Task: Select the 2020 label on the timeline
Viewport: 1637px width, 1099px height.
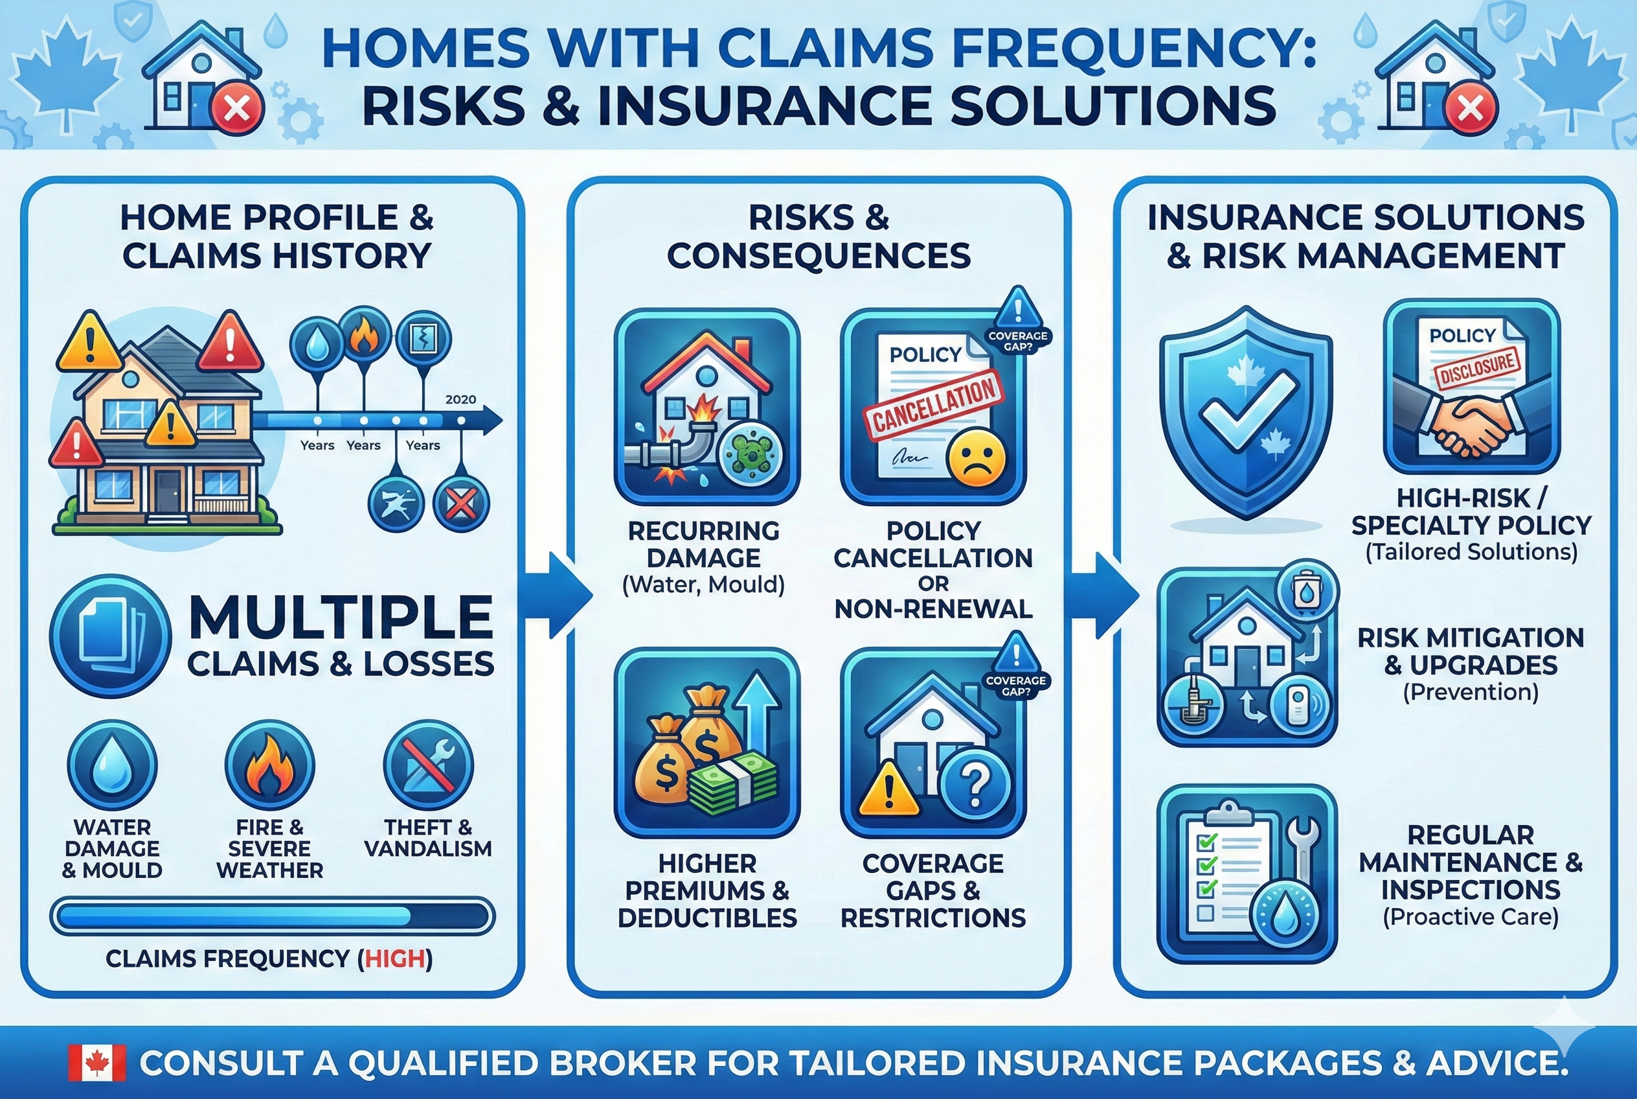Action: pyautogui.click(x=460, y=400)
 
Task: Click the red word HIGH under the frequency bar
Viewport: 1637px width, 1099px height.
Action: pyautogui.click(x=395, y=958)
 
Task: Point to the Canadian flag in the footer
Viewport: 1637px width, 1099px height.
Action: pyautogui.click(x=97, y=1063)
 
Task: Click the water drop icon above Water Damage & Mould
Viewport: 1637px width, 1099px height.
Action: pyautogui.click(x=112, y=765)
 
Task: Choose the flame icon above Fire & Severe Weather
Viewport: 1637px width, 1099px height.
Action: pyautogui.click(x=269, y=765)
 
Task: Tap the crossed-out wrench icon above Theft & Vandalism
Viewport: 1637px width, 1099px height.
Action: pyautogui.click(x=428, y=765)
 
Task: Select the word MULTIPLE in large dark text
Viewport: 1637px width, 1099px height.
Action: pyautogui.click(x=341, y=617)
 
